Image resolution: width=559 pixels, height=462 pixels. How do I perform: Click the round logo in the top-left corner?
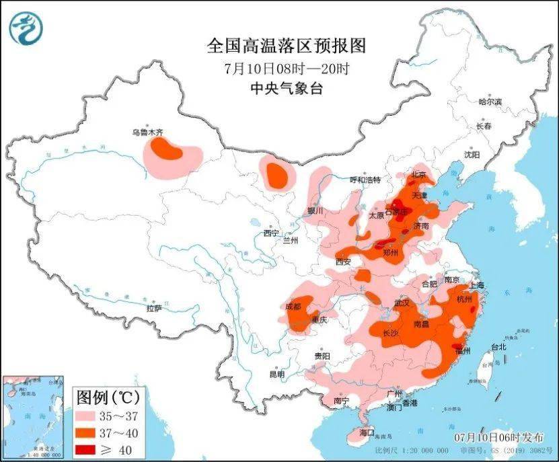26,27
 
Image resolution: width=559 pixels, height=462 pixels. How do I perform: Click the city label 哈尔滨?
490,102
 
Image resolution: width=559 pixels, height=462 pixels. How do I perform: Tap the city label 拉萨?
154,308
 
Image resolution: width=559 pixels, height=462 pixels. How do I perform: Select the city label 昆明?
276,374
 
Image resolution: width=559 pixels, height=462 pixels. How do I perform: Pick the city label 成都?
293,306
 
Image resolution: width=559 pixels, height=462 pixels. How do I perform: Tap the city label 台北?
498,348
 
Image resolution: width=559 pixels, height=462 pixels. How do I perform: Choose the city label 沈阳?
472,155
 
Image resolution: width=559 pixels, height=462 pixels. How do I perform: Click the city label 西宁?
271,233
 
